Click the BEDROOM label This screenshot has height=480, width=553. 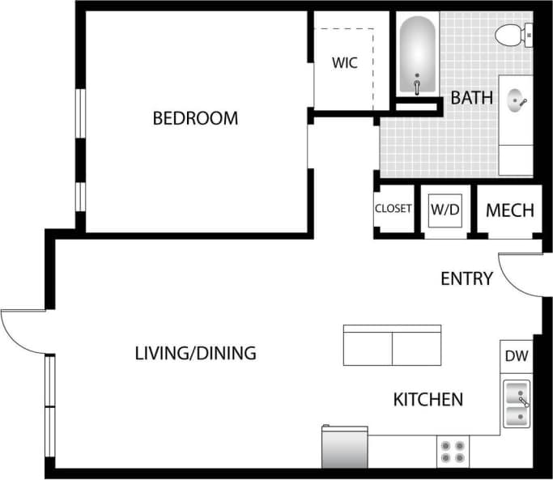point(195,118)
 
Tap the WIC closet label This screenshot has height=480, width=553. point(344,62)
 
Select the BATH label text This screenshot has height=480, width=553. point(471,98)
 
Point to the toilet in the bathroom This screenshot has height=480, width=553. point(512,34)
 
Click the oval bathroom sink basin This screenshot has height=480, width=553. point(517,101)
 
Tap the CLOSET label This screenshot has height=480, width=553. point(393,209)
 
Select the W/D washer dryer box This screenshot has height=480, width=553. point(445,210)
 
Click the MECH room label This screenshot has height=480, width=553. point(509,210)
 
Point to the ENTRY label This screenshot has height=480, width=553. point(466,279)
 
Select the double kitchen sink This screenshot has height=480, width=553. point(516,403)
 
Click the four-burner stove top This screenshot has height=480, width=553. point(453,451)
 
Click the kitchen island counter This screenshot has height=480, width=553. point(392,346)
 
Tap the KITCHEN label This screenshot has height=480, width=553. point(428,399)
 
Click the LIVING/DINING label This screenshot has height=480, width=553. point(195,353)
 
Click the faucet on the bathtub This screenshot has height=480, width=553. point(418,85)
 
